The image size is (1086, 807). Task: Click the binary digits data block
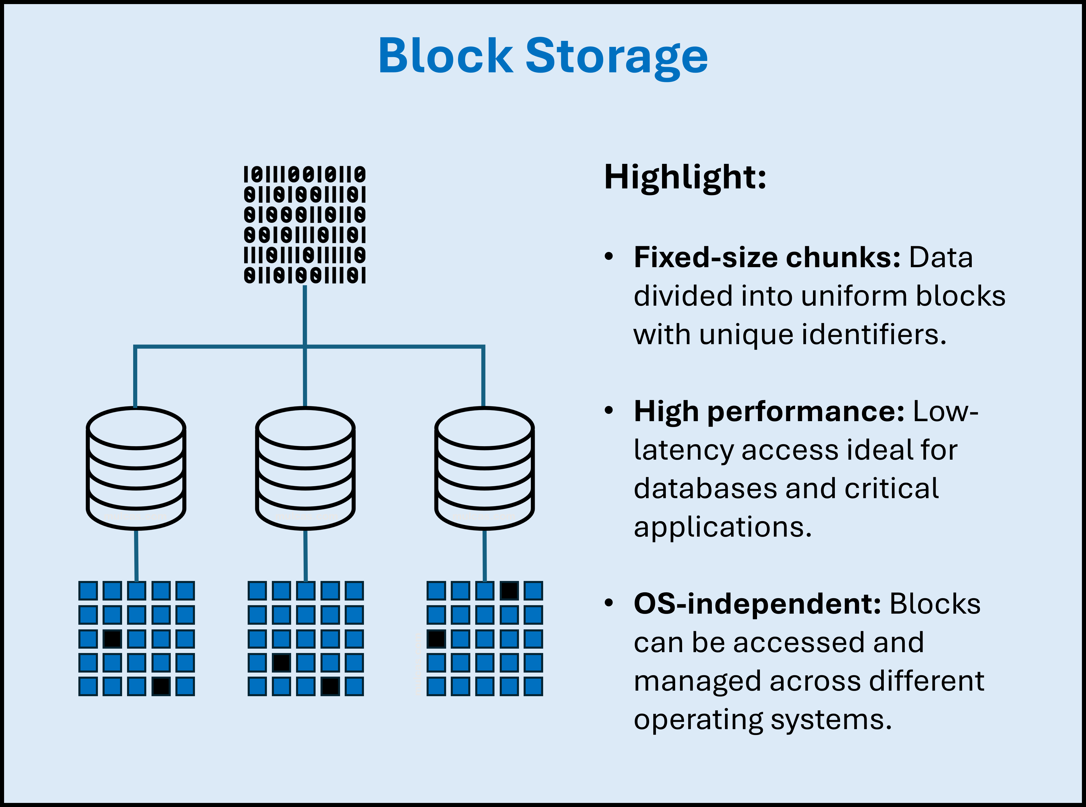(304, 225)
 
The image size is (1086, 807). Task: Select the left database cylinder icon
(136, 468)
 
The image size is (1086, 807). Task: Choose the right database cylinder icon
(485, 468)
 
